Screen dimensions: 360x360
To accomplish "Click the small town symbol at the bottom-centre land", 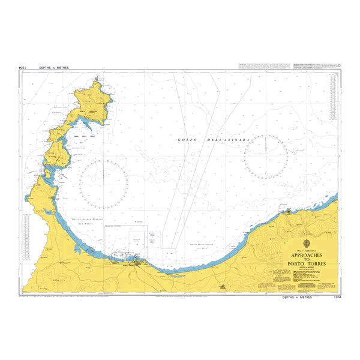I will (223, 288).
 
